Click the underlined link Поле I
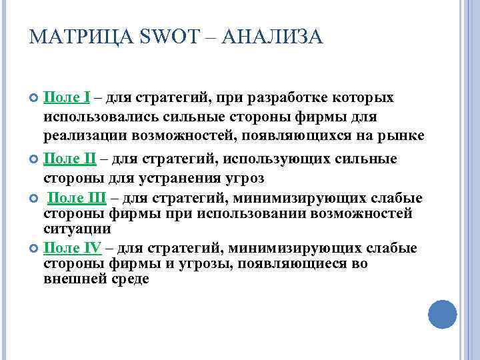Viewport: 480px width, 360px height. pyautogui.click(x=67, y=99)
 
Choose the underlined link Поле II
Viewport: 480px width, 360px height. pyautogui.click(x=69, y=159)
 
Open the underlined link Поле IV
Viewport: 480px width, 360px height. pyautogui.click(x=72, y=248)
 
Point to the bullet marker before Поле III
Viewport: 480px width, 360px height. pyautogui.click(x=35, y=199)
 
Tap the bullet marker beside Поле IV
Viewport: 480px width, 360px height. pyautogui.click(x=35, y=249)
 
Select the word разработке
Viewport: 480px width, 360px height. pyautogui.click(x=289, y=99)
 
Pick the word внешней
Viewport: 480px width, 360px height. pyautogui.click(x=71, y=279)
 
